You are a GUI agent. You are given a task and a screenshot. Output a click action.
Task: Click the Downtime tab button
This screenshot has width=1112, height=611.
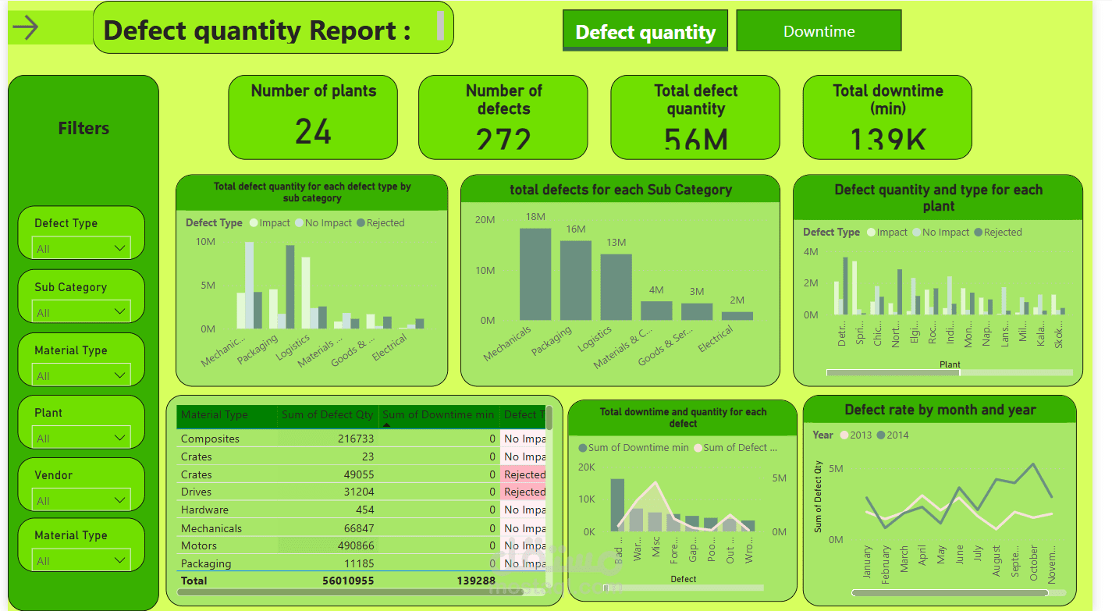pos(819,31)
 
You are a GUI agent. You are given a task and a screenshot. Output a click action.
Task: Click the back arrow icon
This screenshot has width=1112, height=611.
pos(26,28)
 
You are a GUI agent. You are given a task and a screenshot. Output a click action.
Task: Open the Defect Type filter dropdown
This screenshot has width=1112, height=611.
pos(81,248)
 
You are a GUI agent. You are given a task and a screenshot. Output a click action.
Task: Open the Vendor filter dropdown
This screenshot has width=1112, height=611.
pos(81,500)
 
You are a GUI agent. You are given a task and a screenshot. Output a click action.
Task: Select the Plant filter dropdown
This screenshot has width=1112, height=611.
pos(81,438)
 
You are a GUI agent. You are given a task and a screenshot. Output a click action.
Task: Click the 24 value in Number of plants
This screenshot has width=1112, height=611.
pos(313,132)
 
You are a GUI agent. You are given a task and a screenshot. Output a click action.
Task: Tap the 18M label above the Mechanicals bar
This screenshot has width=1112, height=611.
pos(535,216)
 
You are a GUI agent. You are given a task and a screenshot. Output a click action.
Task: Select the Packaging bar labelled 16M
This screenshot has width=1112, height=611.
pos(575,280)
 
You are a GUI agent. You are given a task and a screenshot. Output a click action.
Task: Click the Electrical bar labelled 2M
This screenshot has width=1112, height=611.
pos(737,315)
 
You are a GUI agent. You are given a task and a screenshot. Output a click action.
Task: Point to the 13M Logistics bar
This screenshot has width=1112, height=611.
pos(616,286)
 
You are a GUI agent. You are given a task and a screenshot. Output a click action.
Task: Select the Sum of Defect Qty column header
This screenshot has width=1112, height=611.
pos(327,414)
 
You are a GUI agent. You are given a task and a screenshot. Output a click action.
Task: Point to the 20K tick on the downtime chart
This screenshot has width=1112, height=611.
pos(586,467)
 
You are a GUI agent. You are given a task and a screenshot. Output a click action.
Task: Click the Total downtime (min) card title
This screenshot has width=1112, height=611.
pos(887,99)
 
